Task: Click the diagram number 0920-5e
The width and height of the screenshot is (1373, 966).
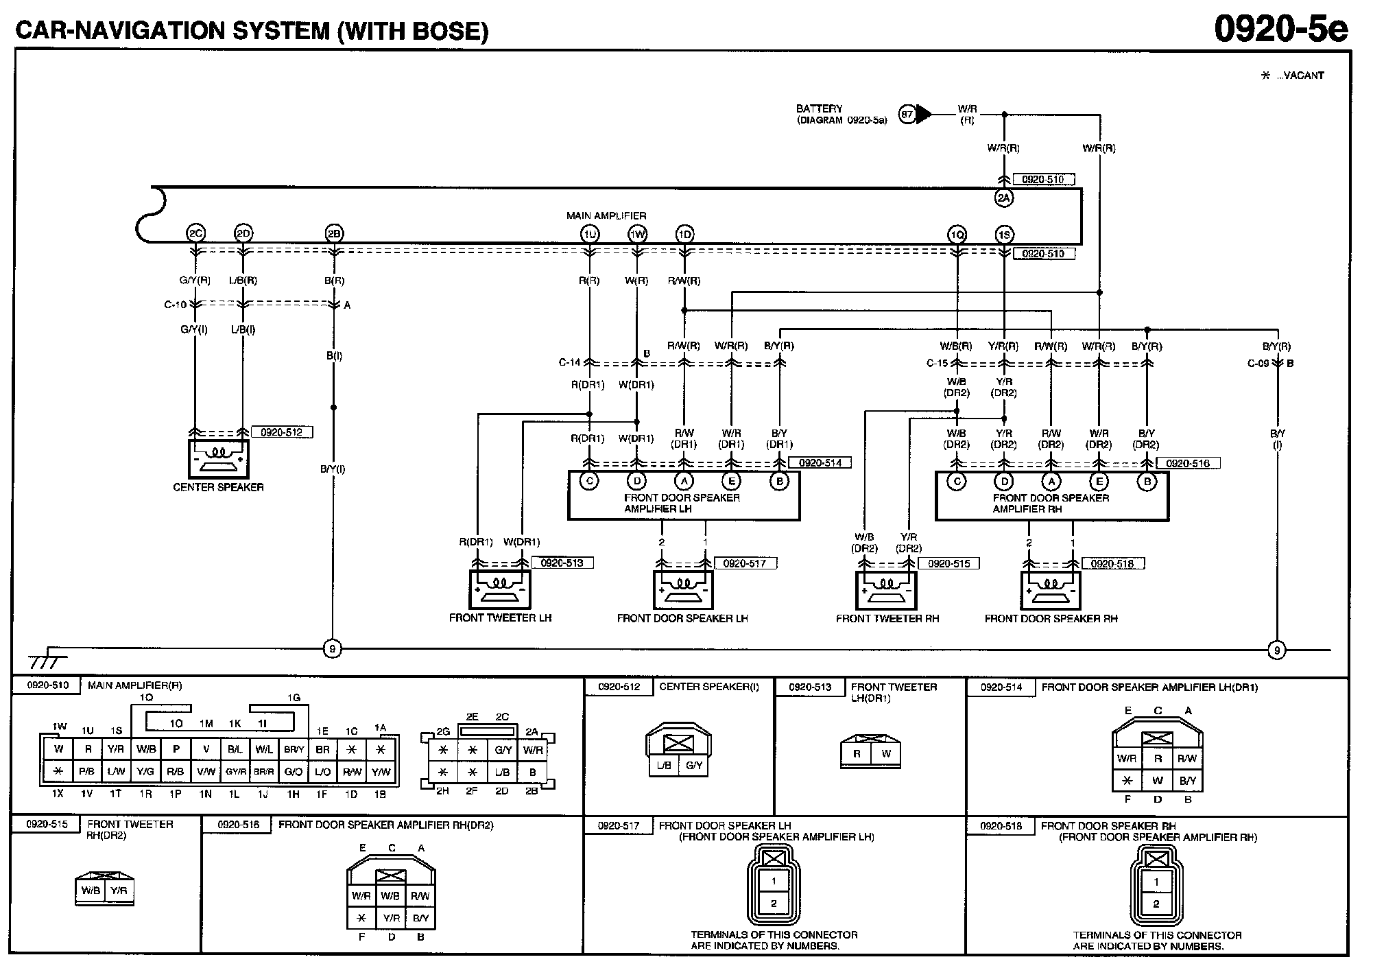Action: [x=1280, y=29]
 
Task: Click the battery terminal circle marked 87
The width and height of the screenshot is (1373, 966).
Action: [x=907, y=114]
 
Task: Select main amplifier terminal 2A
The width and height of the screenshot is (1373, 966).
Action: [x=1004, y=198]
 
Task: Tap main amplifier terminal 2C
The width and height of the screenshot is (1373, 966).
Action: [x=195, y=234]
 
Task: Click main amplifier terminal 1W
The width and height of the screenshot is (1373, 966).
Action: [x=637, y=235]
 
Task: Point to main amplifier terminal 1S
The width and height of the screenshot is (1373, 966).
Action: [x=1004, y=235]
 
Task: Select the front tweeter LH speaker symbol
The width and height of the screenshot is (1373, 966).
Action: [x=500, y=589]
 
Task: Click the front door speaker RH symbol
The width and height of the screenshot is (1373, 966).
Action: [x=1051, y=590]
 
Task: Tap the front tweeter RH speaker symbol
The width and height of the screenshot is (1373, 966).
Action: [x=886, y=590]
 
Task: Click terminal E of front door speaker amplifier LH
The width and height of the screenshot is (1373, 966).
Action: [x=732, y=481]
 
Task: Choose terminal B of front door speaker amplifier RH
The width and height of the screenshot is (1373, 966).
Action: [x=1147, y=482]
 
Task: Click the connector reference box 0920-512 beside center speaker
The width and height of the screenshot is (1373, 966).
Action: [x=282, y=432]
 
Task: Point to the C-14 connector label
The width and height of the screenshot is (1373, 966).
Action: [x=569, y=362]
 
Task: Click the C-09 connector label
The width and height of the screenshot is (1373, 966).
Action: [x=1258, y=363]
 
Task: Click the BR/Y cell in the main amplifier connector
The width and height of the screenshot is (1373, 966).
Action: [x=294, y=749]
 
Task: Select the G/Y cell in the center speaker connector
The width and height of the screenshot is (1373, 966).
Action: [x=694, y=765]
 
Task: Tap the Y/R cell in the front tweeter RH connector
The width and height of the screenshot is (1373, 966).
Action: [x=119, y=891]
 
